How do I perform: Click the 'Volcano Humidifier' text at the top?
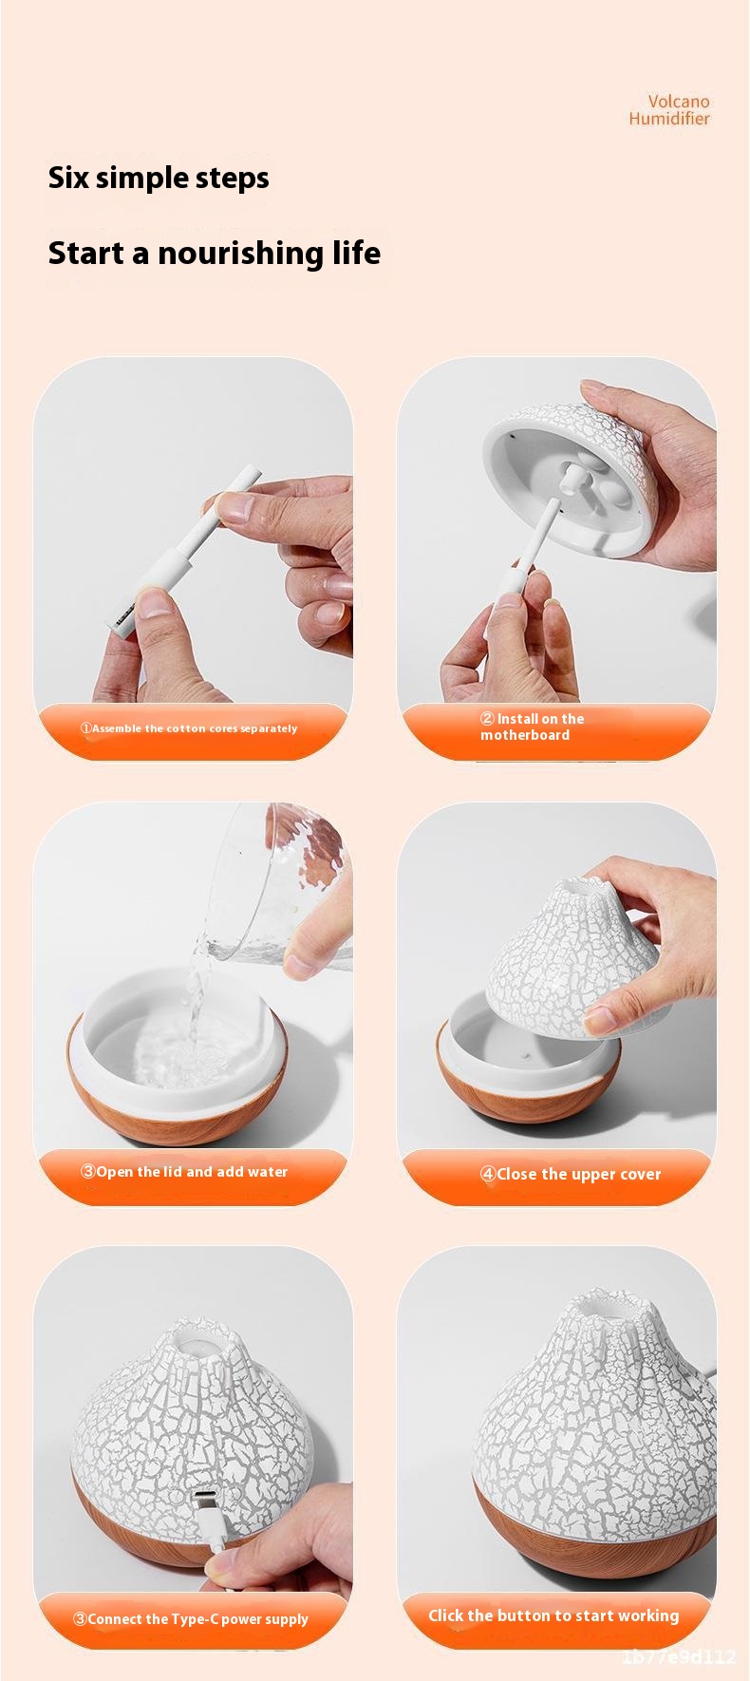click(x=669, y=109)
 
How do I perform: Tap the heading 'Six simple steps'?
click(x=159, y=178)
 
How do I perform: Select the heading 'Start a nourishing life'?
click(x=215, y=253)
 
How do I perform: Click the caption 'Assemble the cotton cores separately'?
click(x=189, y=728)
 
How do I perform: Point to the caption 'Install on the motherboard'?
click(x=532, y=727)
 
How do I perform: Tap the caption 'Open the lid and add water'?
click(x=184, y=1172)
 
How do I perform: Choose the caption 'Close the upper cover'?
click(x=570, y=1174)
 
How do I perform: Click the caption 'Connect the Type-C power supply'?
click(x=191, y=1618)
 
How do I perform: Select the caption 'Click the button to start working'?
click(x=553, y=1615)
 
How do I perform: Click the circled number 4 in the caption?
click(x=487, y=1175)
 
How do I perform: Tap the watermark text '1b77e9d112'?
click(x=679, y=1657)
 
